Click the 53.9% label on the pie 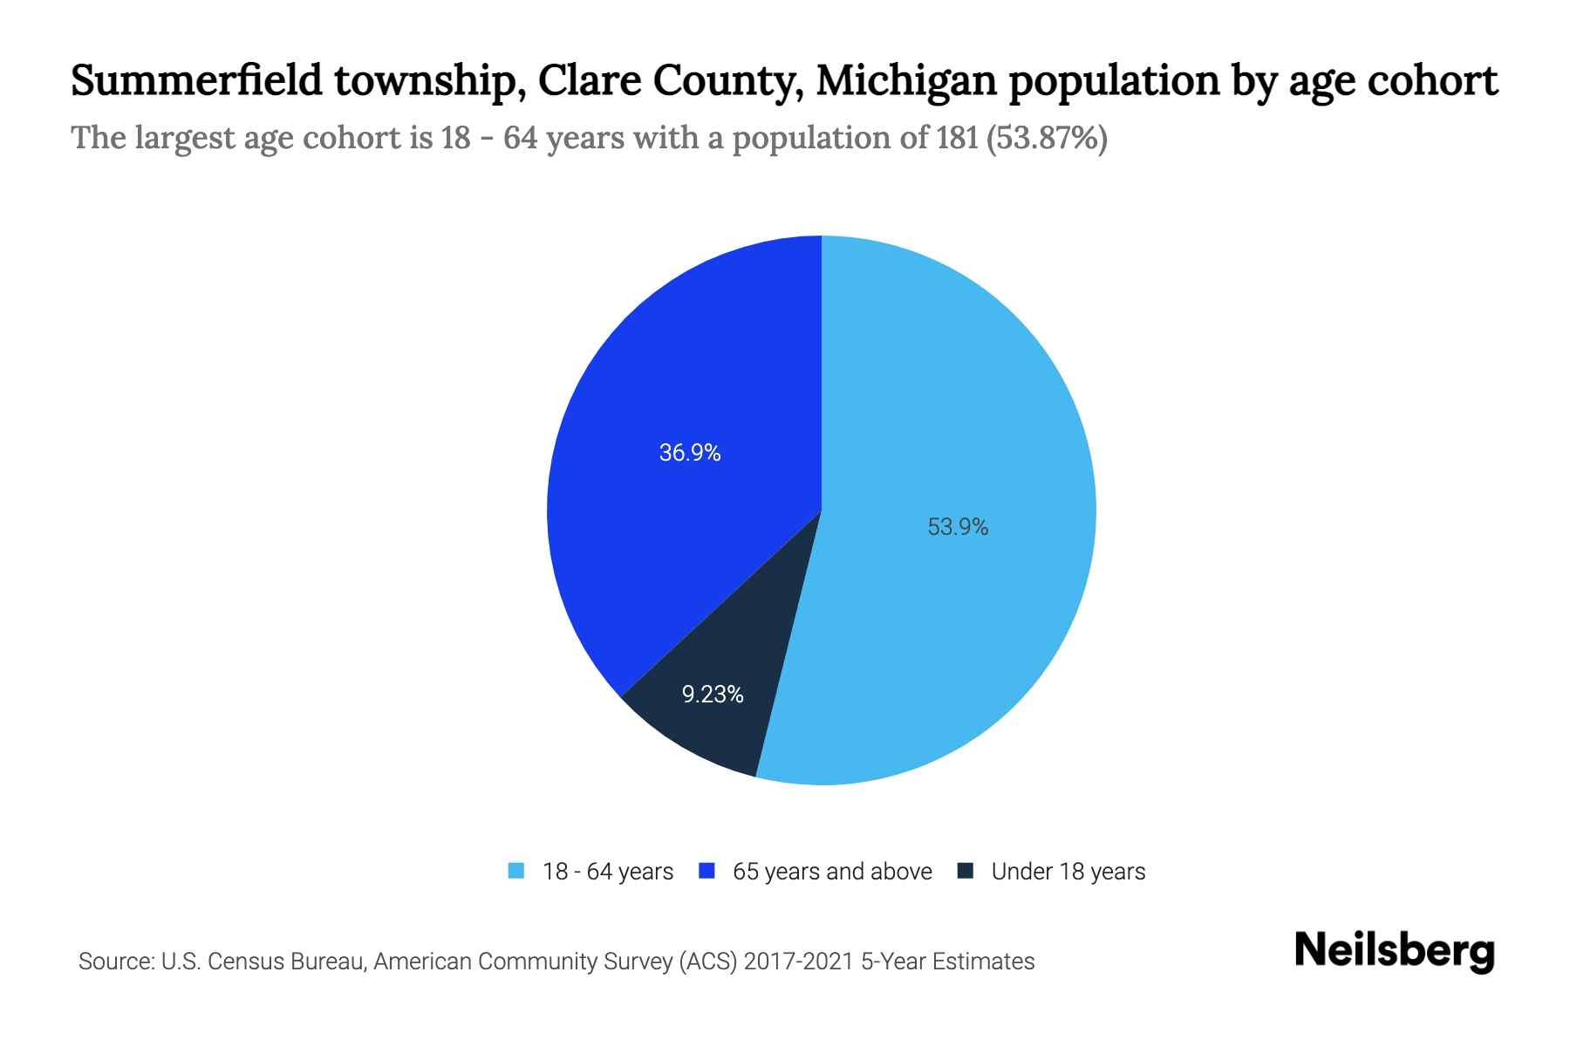pos(957,527)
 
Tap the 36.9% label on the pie pos(689,453)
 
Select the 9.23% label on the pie pos(712,695)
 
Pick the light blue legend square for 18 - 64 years pos(516,871)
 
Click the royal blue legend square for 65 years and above pos(706,871)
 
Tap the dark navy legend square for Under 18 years pos(965,871)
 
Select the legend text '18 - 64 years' pos(607,872)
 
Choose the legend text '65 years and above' pos(832,872)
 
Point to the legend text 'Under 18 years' pos(1068,872)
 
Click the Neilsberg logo pos(1394,951)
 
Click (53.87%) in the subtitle pos(1047,138)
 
